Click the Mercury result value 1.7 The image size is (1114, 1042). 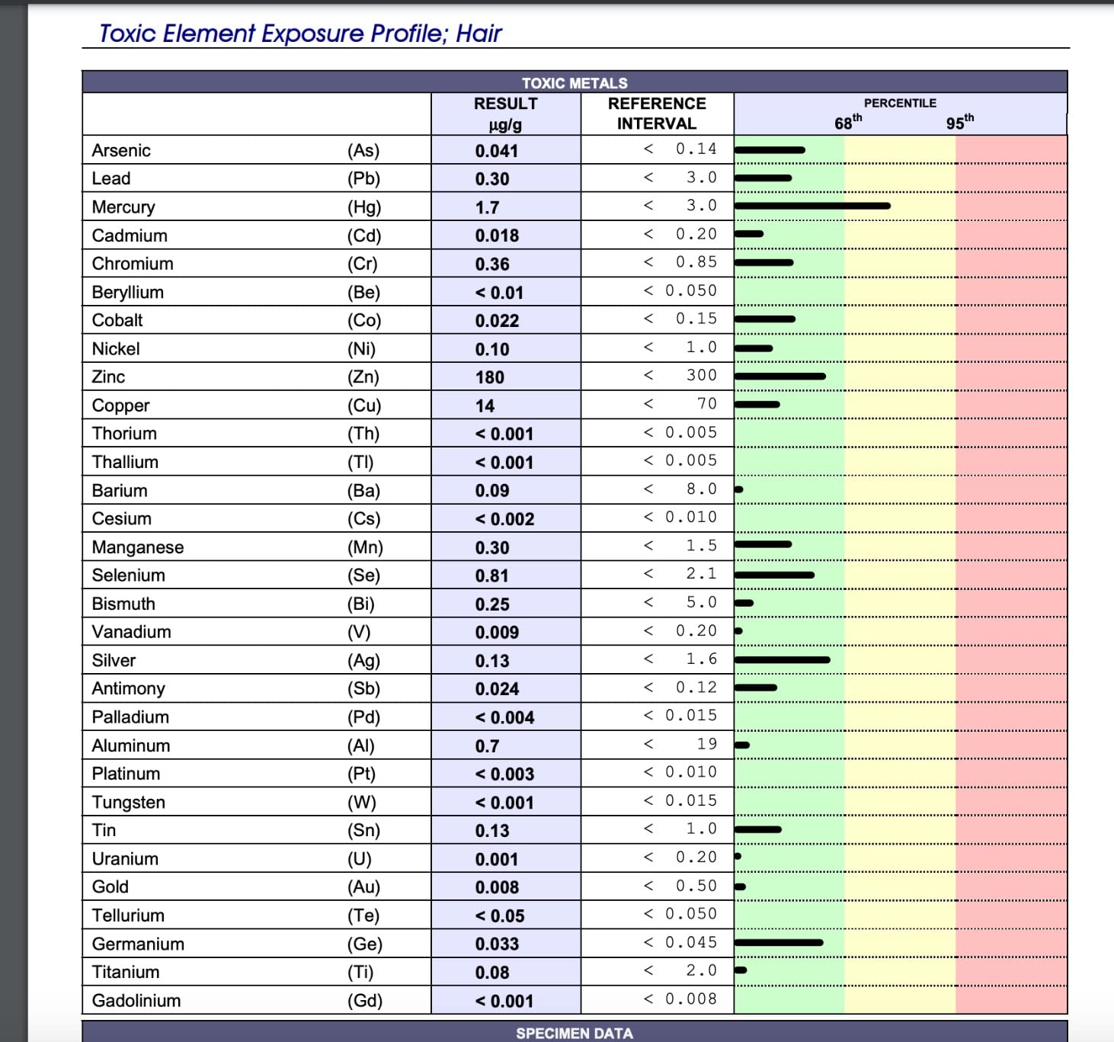(487, 208)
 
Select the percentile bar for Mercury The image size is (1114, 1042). (812, 206)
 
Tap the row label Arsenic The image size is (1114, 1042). (121, 150)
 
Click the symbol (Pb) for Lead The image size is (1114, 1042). (363, 178)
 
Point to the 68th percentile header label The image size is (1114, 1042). (847, 122)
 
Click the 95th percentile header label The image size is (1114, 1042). (960, 122)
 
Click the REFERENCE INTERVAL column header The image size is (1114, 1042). (657, 114)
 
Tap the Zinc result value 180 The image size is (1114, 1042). (490, 377)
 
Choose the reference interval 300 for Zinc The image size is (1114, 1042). (701, 375)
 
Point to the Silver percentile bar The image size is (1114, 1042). (782, 660)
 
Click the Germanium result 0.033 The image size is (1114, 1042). (497, 944)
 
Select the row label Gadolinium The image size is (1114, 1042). (136, 1000)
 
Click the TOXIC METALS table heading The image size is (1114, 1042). (575, 83)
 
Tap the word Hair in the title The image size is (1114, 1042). (479, 34)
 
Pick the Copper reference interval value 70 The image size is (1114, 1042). (707, 404)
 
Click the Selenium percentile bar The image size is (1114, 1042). (774, 575)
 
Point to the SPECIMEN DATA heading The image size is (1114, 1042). (575, 1034)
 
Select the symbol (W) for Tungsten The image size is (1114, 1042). (362, 803)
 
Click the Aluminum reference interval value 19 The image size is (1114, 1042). (707, 744)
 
